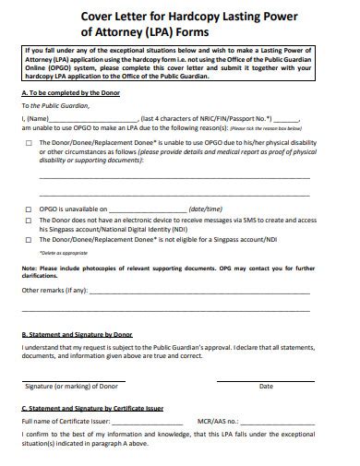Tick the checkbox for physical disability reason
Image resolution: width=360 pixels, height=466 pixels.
tap(30, 143)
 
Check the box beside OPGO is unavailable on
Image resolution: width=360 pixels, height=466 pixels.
tap(30, 209)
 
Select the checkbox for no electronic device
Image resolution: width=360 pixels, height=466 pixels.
tap(30, 221)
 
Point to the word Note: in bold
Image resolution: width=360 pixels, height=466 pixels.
tap(30, 267)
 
